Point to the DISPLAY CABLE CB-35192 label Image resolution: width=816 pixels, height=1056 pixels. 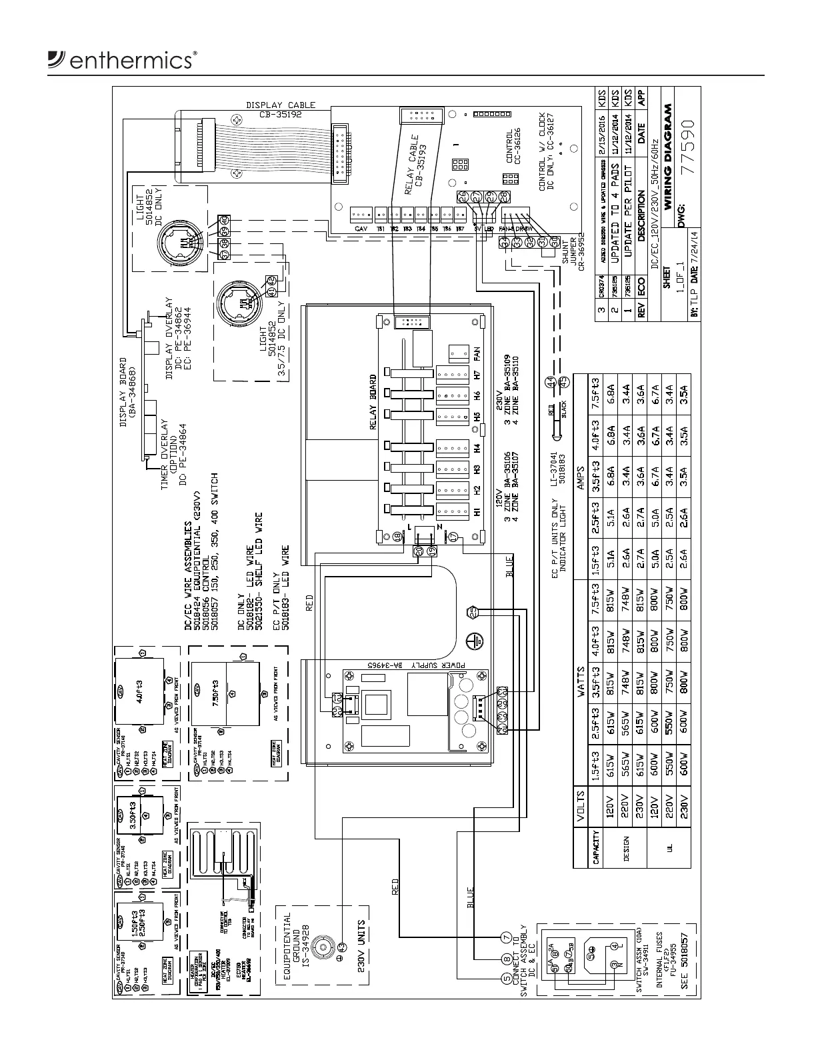(x=280, y=109)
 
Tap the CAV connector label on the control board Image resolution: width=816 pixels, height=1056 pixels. (x=361, y=229)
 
